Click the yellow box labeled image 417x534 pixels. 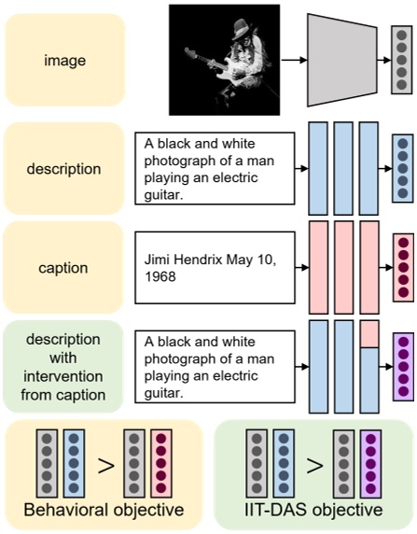tap(64, 62)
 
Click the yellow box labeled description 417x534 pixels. tap(64, 169)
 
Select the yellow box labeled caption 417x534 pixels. tap(64, 268)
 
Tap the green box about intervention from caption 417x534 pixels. tap(64, 366)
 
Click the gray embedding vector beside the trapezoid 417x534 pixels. tap(400, 61)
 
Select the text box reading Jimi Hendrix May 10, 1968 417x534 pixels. tap(215, 268)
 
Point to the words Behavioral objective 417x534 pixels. tap(103, 512)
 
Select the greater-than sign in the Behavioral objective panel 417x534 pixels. tap(105, 464)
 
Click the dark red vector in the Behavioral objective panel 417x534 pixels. tap(160, 464)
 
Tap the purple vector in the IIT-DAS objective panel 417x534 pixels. tap(371, 464)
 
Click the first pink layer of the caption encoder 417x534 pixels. tap(318, 268)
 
